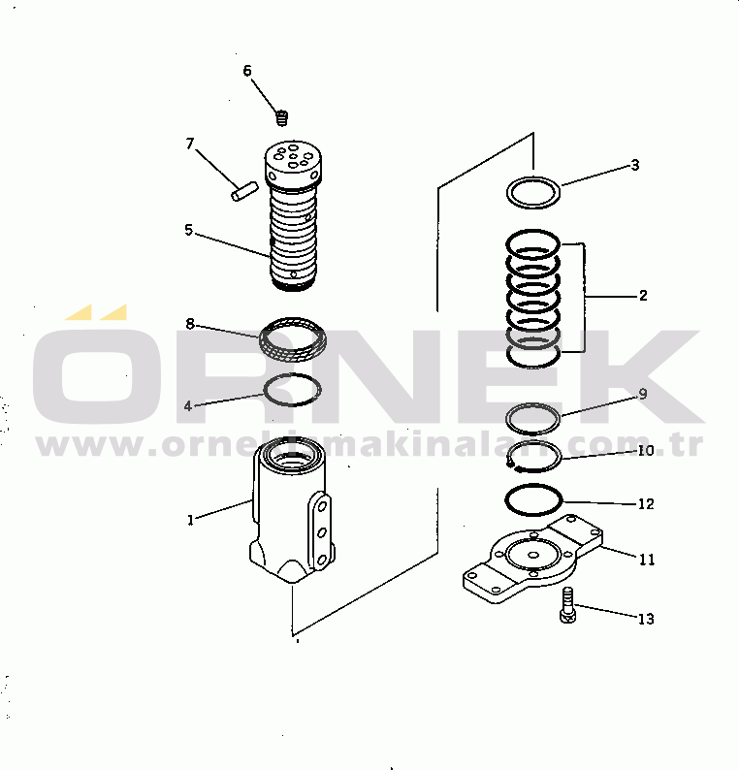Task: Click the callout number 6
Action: (247, 71)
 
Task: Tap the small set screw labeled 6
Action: (282, 118)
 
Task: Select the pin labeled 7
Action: (244, 191)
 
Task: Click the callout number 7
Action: (190, 144)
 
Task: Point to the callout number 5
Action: (189, 230)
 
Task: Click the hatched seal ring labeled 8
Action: (293, 339)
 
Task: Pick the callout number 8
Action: (190, 324)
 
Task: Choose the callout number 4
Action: (187, 406)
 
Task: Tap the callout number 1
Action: (190, 520)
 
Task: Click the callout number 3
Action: (635, 165)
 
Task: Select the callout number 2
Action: (643, 296)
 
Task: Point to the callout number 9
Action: (643, 395)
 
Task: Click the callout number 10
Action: (646, 450)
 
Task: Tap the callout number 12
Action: (646, 504)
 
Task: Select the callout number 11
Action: (647, 560)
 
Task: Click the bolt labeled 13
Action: (567, 605)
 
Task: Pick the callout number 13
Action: (646, 619)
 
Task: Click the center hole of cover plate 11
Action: (533, 556)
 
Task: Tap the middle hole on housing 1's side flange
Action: (322, 531)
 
